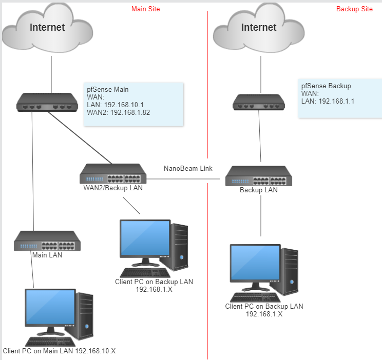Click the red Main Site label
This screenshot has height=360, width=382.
(145, 9)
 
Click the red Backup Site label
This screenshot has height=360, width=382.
(354, 9)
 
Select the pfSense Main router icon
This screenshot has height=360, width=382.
(47, 102)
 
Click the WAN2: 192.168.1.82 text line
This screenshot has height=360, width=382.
(118, 112)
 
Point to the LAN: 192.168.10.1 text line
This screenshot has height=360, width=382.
(114, 105)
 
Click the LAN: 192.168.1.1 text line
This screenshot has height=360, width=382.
(328, 101)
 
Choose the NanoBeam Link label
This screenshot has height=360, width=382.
(188, 168)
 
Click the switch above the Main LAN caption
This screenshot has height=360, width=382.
(47, 241)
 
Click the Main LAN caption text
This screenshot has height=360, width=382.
(47, 254)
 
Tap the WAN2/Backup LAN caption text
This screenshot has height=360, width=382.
(113, 188)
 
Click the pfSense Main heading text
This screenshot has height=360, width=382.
(108, 89)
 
